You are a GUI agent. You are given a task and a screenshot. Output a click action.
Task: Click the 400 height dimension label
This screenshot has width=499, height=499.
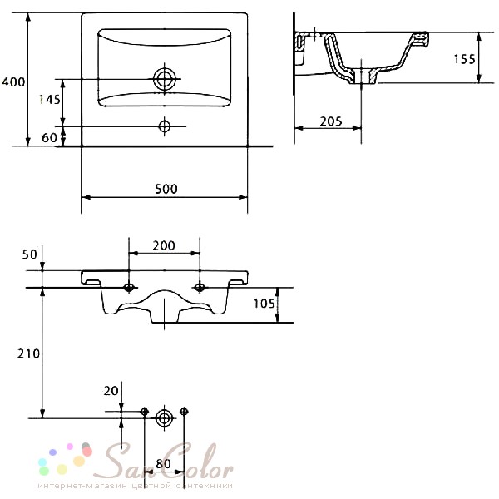[13, 82]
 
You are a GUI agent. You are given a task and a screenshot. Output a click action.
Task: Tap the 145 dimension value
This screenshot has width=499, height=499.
[49, 100]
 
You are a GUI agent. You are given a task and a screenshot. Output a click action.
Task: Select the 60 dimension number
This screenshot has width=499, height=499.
[49, 138]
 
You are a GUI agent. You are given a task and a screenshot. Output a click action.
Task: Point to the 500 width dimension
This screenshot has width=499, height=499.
[166, 189]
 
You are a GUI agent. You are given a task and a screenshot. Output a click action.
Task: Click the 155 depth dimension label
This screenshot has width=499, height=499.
[464, 59]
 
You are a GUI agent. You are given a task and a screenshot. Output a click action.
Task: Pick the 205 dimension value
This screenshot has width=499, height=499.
[331, 121]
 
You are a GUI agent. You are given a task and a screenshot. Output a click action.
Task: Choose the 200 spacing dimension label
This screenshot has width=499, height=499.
[164, 245]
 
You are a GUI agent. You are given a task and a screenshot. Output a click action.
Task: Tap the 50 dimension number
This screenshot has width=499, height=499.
[30, 254]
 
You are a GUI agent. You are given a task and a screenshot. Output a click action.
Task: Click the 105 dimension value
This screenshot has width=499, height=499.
[264, 304]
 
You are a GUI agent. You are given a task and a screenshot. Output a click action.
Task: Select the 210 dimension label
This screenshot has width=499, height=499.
[28, 354]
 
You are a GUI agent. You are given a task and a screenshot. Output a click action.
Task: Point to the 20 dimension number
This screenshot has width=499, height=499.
[111, 391]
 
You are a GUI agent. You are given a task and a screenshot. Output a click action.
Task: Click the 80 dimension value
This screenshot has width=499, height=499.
[163, 464]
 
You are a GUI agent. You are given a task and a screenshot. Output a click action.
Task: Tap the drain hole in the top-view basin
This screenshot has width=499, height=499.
[164, 79]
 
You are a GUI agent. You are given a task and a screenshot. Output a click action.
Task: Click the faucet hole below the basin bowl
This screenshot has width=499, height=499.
[164, 126]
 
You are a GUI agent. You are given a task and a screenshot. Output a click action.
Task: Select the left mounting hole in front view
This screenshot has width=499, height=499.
[129, 288]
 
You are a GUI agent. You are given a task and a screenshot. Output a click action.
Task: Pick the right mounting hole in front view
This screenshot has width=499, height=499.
[200, 288]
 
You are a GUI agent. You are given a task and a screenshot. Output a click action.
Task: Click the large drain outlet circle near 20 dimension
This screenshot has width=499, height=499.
[164, 418]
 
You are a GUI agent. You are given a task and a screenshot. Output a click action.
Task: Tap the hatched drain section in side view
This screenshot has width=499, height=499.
[362, 77]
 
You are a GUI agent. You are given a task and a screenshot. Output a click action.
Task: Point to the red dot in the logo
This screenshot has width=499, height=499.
[87, 452]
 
